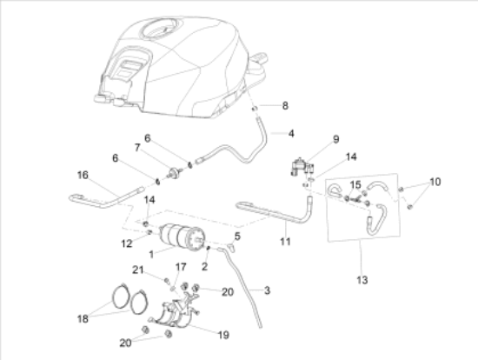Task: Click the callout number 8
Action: (x=285, y=106)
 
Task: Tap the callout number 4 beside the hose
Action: (x=291, y=134)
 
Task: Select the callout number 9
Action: (x=336, y=139)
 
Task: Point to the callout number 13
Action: (x=362, y=280)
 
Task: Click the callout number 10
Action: (x=435, y=182)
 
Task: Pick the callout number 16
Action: (x=83, y=175)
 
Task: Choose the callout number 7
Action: (x=137, y=148)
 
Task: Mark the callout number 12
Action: (x=127, y=243)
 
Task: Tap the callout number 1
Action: (x=151, y=254)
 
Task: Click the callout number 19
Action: (x=223, y=335)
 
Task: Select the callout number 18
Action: (x=83, y=319)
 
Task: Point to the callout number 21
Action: (x=138, y=270)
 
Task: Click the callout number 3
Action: (x=267, y=290)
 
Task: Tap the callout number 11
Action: (x=285, y=242)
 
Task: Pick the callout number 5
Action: (x=237, y=237)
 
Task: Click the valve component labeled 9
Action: (x=302, y=167)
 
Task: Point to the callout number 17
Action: (x=181, y=267)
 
